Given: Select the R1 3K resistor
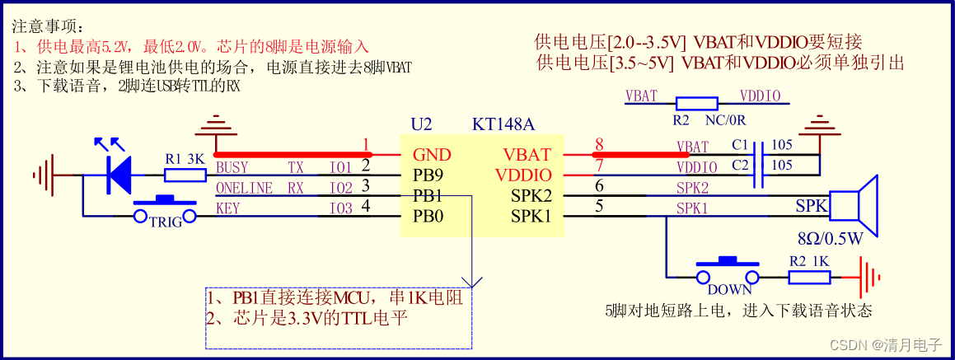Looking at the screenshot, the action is (179, 175).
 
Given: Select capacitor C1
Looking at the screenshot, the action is (762, 154).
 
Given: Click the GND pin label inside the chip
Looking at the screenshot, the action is (431, 155).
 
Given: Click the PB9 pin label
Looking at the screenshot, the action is (429, 175).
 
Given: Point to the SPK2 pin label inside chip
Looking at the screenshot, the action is (528, 196).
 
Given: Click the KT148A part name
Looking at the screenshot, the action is (503, 125).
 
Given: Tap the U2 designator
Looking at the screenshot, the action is (421, 125).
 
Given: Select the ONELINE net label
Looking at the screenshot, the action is (244, 188).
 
